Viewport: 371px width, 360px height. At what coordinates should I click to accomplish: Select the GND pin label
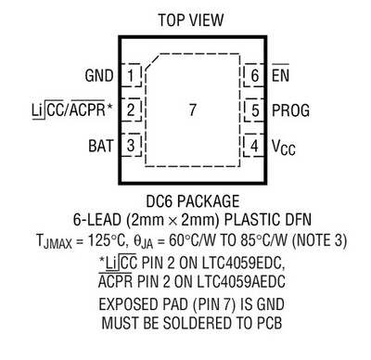pos(98,73)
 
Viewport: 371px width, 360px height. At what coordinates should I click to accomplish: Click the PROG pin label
pos(292,109)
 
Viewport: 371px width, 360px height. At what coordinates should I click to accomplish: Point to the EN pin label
pos(280,73)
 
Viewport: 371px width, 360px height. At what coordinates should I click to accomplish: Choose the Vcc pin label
pos(284,146)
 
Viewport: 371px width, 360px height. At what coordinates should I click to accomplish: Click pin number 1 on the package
pos(133,73)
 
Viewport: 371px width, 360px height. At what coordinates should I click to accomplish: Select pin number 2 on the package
pos(133,109)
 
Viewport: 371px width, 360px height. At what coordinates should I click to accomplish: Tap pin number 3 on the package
pos(133,145)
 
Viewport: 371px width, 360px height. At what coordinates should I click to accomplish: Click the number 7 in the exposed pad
pos(192,109)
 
